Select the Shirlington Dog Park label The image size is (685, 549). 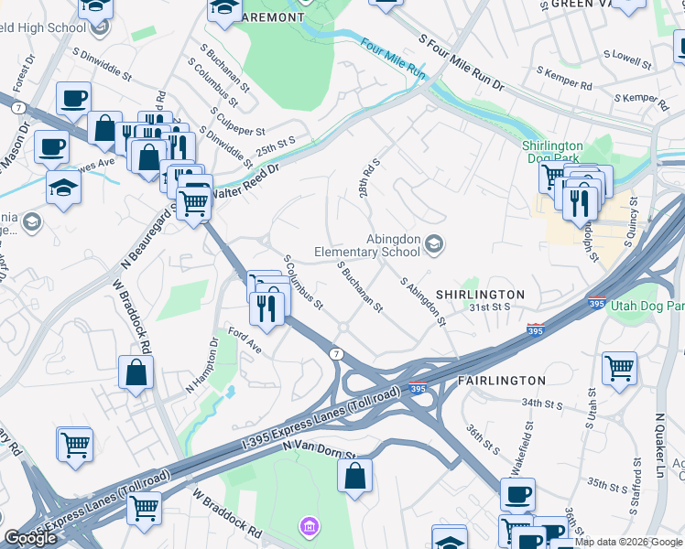[552, 152]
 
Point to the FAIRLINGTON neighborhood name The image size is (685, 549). [501, 380]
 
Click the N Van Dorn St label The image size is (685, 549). [318, 446]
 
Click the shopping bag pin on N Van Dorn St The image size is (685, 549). [354, 476]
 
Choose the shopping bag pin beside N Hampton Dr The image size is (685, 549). [136, 372]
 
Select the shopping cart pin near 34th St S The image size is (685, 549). [619, 368]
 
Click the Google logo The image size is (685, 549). [30, 538]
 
